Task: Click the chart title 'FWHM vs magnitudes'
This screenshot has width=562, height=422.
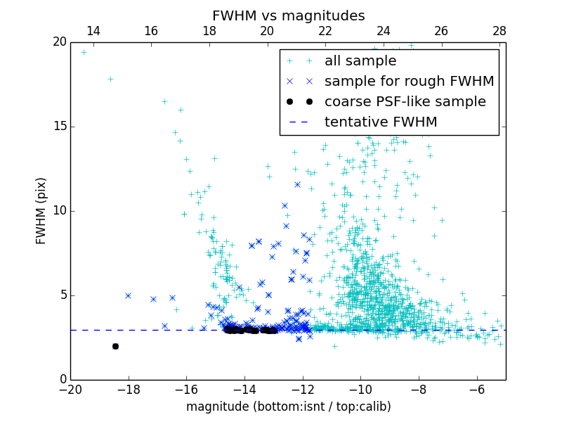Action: tap(288, 15)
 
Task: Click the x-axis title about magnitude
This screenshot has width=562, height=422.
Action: tap(288, 407)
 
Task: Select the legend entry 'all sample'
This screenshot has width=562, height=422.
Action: tap(360, 61)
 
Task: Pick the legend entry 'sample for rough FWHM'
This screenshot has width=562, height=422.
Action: tap(409, 82)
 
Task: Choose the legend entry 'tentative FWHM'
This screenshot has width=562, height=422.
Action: tap(380, 122)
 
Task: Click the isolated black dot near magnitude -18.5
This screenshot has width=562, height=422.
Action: tap(115, 346)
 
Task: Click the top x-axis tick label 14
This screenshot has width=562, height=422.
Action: tap(93, 31)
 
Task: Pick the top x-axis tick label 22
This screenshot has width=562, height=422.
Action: tap(325, 31)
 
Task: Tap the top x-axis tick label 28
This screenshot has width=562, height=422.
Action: tap(499, 31)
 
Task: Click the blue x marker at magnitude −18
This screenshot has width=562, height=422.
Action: tap(128, 295)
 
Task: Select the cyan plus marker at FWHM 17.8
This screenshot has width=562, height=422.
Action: tap(110, 79)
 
